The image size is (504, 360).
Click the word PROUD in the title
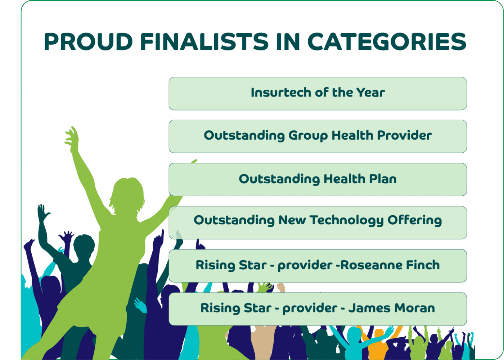tap(88, 42)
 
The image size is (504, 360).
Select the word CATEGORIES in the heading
tap(387, 42)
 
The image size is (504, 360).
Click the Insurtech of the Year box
tap(318, 93)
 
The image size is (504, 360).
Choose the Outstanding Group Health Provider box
tap(318, 136)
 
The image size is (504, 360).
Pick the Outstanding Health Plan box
tap(318, 179)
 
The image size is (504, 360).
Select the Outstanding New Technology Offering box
tap(318, 222)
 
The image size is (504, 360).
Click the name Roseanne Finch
tap(390, 265)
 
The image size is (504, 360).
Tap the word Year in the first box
tap(370, 93)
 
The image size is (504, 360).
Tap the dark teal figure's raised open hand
tap(43, 212)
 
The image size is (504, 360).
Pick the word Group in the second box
tap(308, 136)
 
